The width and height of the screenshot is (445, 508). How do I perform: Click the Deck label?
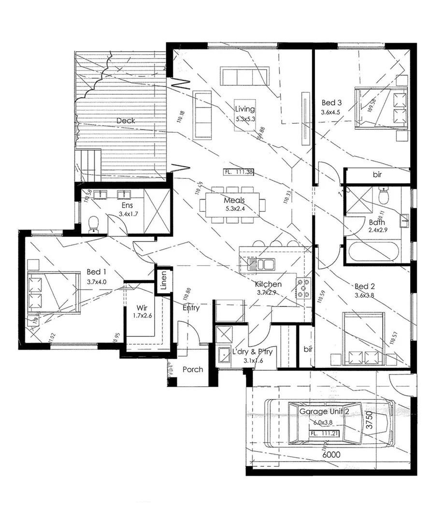[x=126, y=120]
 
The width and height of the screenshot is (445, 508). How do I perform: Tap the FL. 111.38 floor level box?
[x=239, y=172]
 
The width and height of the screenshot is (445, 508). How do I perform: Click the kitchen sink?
[x=260, y=264]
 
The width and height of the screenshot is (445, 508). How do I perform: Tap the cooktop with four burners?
[x=303, y=288]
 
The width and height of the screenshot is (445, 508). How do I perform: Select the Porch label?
[x=193, y=369]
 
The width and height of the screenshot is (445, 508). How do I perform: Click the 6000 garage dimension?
[x=331, y=454]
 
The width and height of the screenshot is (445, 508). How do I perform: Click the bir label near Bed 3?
[x=377, y=174]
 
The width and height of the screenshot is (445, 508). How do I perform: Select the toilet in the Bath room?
[x=384, y=196]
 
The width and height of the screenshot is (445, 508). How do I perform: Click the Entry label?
[x=191, y=307]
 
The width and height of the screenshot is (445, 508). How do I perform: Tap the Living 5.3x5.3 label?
[x=245, y=113]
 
